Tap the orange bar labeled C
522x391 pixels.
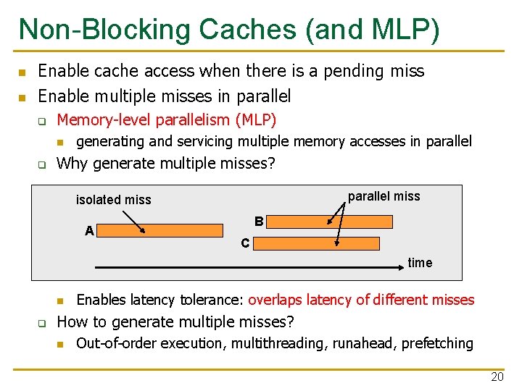(316, 244)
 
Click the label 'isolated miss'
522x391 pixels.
(114, 200)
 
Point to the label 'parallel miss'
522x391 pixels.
(384, 196)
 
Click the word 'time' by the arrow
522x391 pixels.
(420, 263)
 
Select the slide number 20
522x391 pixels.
(497, 377)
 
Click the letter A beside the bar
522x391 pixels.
(89, 231)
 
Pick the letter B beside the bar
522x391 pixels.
(259, 222)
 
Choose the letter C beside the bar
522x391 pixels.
(245, 244)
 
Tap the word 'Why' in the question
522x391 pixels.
(72, 163)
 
